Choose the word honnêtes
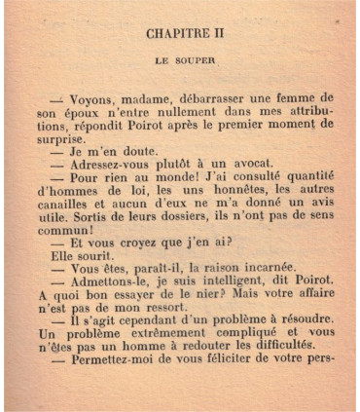[x=236, y=192]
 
